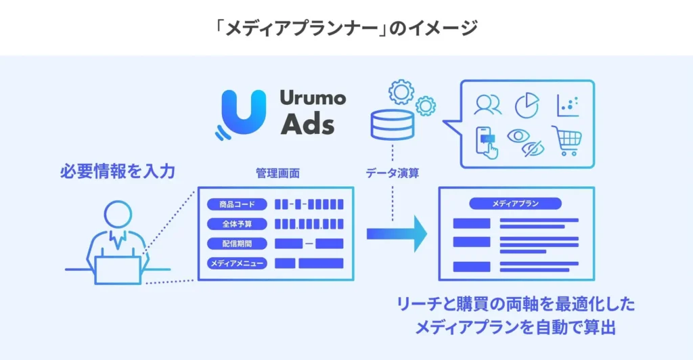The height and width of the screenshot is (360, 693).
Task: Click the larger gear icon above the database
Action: point(401,91)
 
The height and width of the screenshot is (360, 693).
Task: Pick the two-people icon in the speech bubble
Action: point(487,105)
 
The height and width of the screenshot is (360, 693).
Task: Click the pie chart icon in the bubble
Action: point(527,105)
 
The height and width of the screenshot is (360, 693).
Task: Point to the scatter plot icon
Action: point(567,105)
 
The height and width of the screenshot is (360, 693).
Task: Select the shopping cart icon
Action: point(567,140)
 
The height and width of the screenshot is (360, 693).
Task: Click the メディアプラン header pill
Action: point(515,203)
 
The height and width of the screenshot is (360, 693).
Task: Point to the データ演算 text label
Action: point(392,173)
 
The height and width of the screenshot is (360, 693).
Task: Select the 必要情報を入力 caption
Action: point(118,172)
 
